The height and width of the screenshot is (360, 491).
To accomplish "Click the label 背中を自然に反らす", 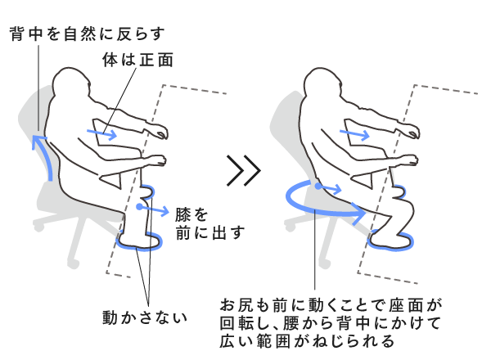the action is [87, 34].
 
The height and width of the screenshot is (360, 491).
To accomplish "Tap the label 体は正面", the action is [137, 60].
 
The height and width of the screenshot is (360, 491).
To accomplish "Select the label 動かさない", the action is [145, 317].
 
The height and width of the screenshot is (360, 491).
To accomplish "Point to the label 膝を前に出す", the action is [209, 223].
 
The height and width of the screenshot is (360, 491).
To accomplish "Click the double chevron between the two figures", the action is [244, 171].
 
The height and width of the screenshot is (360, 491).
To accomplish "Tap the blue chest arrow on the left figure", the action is [101, 134].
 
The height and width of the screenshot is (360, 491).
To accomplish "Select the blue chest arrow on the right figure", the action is [354, 135].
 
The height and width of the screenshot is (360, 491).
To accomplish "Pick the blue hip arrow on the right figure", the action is [328, 188].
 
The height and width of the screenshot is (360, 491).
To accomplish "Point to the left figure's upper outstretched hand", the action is [159, 131].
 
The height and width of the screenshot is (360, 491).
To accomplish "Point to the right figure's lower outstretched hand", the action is [408, 160].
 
